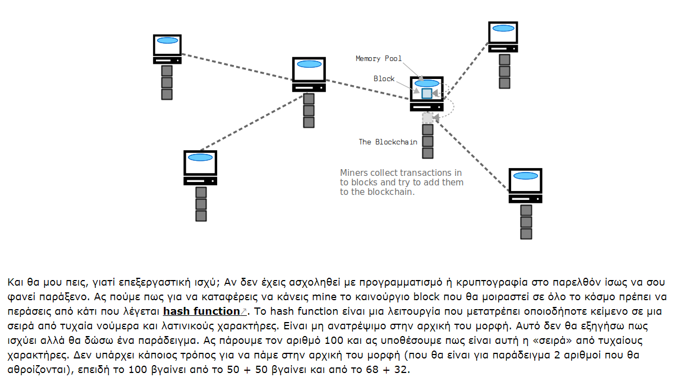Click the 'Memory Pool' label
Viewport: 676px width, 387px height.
click(379, 58)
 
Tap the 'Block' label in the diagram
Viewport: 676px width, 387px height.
click(384, 78)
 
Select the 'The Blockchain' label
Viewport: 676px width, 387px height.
click(388, 142)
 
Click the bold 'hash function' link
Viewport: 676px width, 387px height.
click(201, 311)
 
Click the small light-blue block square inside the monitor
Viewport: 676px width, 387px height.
click(427, 94)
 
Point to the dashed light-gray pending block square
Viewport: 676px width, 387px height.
click(427, 118)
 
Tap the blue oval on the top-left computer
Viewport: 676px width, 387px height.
click(168, 40)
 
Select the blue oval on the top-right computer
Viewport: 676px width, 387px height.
click(503, 29)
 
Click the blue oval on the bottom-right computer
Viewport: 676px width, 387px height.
click(526, 176)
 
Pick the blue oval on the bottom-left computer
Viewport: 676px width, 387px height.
click(200, 157)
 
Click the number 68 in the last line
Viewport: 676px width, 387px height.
click(372, 370)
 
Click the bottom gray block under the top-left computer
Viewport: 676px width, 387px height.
click(167, 94)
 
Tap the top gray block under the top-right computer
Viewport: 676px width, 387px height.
click(504, 59)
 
